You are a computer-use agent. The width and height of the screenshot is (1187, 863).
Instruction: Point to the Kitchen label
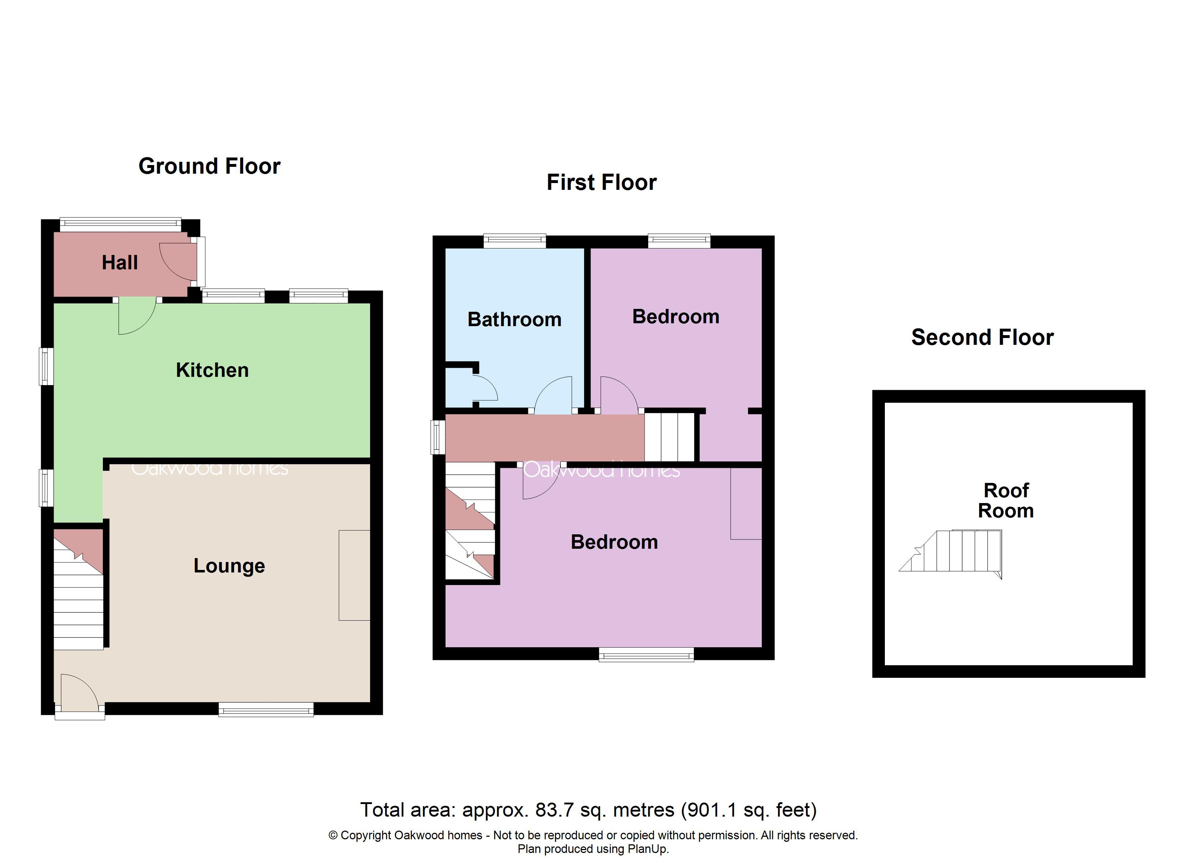pyautogui.click(x=212, y=370)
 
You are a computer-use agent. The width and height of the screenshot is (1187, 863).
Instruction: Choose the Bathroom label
pyautogui.click(x=514, y=320)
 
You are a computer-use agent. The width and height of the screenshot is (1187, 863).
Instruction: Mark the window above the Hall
pyautogui.click(x=120, y=224)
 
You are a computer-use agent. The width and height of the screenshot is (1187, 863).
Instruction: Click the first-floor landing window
pyautogui.click(x=438, y=437)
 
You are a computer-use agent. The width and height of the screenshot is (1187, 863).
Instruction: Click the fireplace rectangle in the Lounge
pyautogui.click(x=354, y=576)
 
